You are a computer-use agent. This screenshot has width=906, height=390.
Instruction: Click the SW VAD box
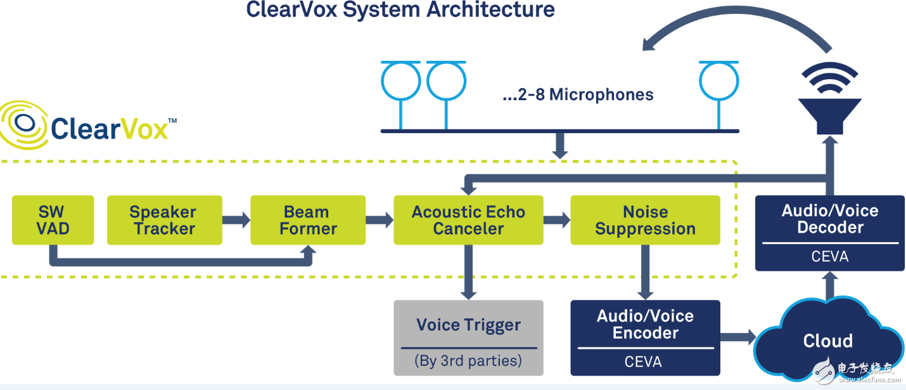53,220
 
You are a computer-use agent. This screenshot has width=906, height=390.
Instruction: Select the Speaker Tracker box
164,220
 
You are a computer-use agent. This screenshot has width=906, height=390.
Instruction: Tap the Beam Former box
308,220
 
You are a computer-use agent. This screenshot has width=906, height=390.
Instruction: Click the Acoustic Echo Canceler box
468,220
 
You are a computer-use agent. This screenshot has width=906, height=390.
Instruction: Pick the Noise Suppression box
645,220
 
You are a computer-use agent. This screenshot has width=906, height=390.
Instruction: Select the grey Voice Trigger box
468,337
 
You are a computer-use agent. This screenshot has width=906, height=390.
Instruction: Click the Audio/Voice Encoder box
645,337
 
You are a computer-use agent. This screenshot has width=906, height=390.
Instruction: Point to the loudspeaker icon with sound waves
829,101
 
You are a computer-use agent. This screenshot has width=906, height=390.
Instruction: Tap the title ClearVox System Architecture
400,10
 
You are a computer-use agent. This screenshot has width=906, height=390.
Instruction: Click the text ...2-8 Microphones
577,95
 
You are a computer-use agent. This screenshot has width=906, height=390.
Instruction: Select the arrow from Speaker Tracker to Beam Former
236,220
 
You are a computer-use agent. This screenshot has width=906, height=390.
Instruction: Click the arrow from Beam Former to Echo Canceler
379,220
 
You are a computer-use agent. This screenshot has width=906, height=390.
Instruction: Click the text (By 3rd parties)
468,361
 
